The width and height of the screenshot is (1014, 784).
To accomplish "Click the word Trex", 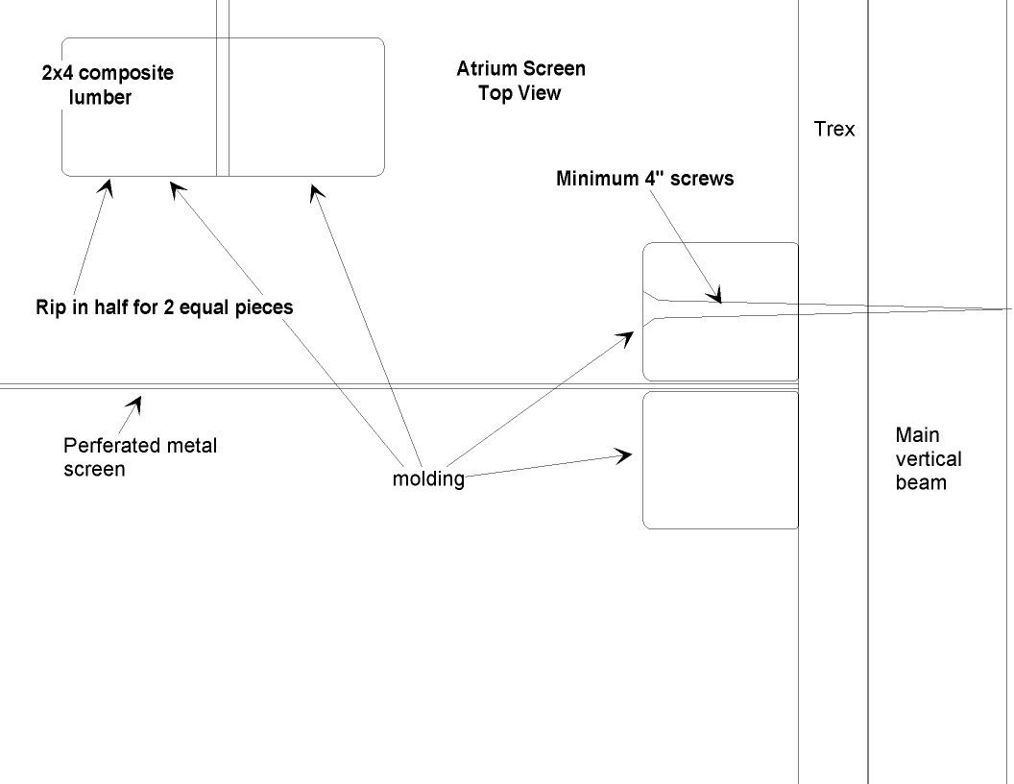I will point(833,129).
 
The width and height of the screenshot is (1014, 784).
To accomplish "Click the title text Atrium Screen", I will point(520,69).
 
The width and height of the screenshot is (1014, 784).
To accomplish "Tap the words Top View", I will point(519,93).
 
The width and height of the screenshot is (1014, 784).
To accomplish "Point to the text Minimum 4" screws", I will point(644,178).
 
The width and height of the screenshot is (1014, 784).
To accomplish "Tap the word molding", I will point(428,478).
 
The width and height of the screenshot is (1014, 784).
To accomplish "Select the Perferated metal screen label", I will point(139,457).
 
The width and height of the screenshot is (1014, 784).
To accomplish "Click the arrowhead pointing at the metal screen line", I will point(138,401).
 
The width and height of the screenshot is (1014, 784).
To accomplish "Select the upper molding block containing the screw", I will point(720,346).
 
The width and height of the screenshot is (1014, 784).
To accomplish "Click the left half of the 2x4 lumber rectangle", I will point(139,135).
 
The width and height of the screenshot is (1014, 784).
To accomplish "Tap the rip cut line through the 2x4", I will point(223,106).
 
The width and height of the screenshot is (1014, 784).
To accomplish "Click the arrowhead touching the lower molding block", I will point(626,454).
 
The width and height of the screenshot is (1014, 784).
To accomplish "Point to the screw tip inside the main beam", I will point(1004,309).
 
